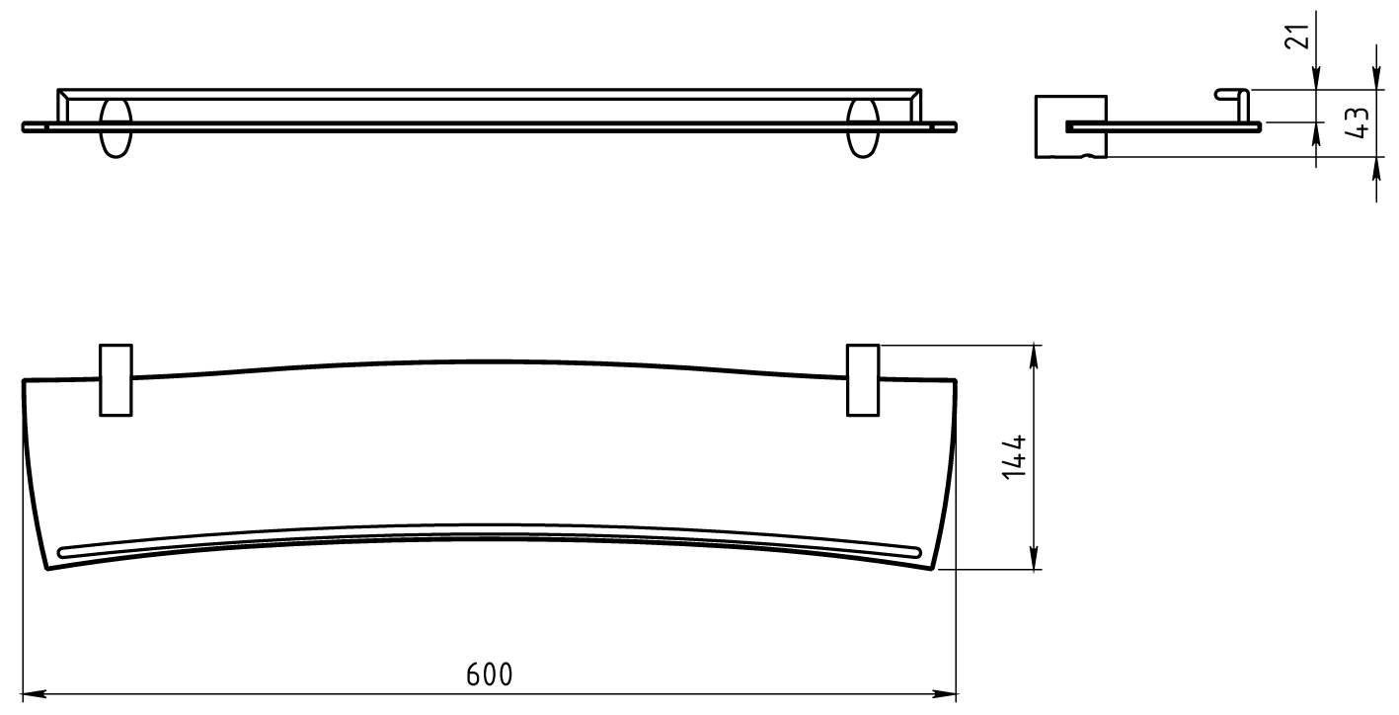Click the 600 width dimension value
point(490,675)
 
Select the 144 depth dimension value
point(1014,456)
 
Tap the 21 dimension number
point(1301,36)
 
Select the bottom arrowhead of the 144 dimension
point(1034,562)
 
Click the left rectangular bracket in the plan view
point(116,380)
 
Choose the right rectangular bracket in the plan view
point(863,380)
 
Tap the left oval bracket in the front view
point(116,127)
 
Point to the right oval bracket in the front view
point(863,127)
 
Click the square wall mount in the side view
point(1070,126)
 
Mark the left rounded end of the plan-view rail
point(64,552)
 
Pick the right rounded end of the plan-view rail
point(923,552)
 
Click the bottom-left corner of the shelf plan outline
point(46,570)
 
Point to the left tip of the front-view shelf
point(25,126)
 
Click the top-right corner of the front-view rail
point(921,90)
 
